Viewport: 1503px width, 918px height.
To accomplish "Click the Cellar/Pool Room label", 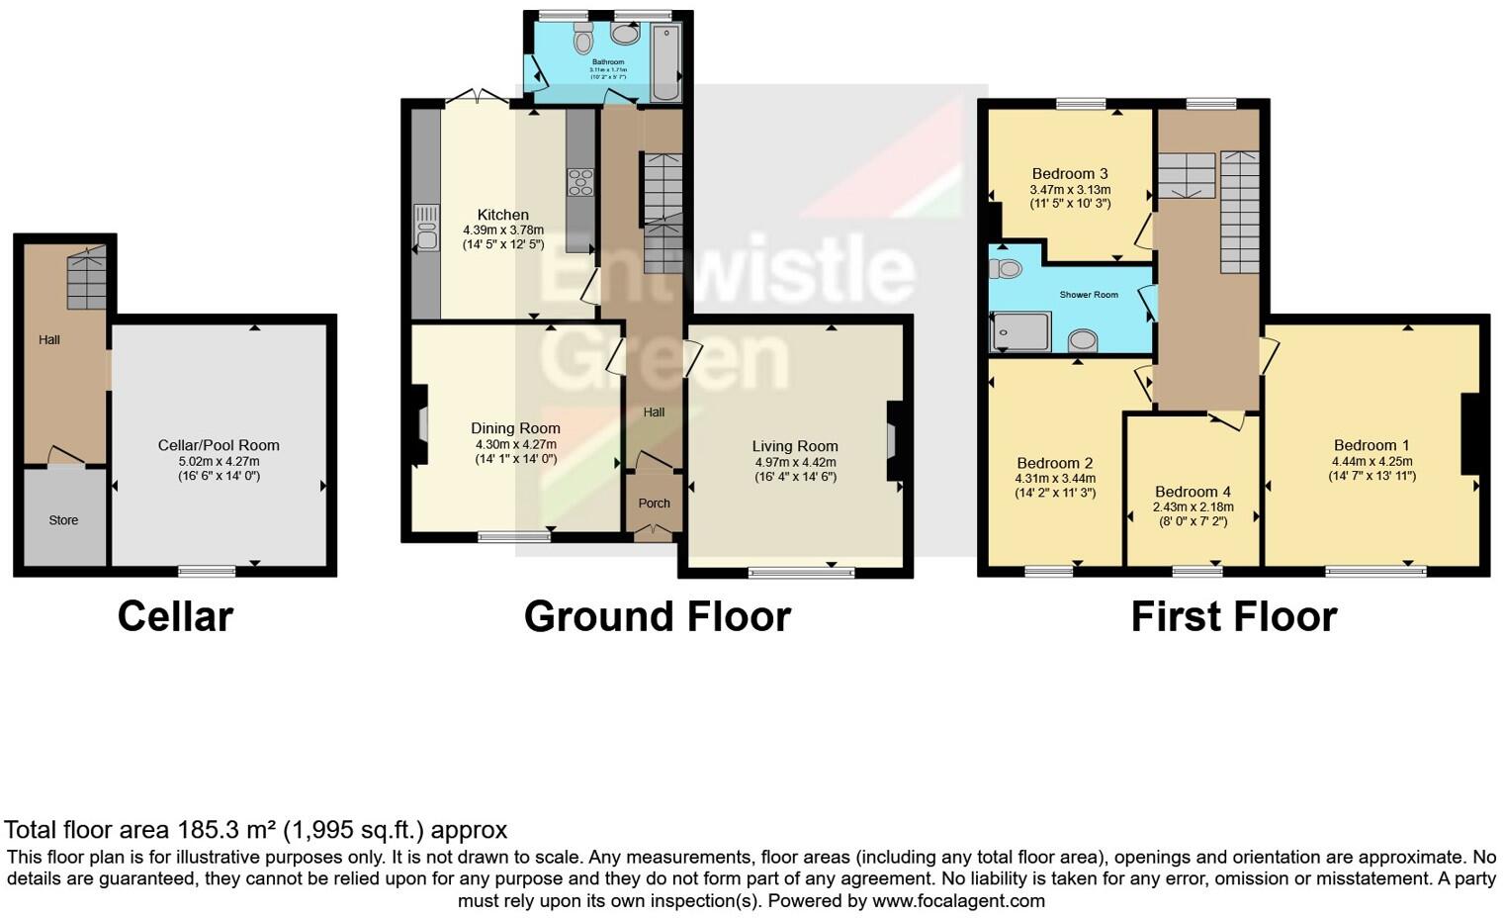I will point(219,446).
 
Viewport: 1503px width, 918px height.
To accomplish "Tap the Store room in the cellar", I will point(63,520).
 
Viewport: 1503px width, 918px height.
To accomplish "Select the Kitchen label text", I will point(502,215).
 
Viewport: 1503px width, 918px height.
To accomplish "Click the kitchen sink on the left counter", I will point(427,228).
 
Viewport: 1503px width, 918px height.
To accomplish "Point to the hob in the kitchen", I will point(579,183).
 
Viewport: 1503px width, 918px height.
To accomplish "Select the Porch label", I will point(654,504).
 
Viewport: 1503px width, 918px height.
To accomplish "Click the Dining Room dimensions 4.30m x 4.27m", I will point(515,445).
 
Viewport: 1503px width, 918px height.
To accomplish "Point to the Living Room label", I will point(794,447).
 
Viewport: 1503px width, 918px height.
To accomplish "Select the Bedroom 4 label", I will point(1193,492).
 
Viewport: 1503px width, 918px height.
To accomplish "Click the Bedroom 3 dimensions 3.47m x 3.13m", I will point(1070,190).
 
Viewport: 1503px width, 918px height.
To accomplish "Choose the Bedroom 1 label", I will point(1371,445).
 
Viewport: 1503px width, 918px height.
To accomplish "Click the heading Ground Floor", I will point(657,616).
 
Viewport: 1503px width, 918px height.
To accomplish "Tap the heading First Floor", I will point(1233,616).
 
